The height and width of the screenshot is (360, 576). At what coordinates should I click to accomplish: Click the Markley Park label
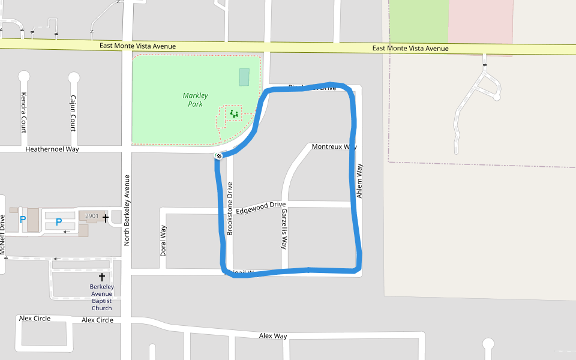coord(196,100)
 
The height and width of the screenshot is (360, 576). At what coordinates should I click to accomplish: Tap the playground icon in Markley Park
coord(234,113)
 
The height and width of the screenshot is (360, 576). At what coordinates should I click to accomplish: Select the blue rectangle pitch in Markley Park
coord(244,77)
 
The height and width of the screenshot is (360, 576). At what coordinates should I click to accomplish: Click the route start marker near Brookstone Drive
coord(219,156)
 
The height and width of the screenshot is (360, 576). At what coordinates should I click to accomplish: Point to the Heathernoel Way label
coord(52,149)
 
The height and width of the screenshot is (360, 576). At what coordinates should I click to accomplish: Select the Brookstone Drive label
coord(229,208)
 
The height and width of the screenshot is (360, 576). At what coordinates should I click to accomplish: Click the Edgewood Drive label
coord(260,208)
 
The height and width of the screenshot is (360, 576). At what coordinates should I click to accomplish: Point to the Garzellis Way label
coord(284,229)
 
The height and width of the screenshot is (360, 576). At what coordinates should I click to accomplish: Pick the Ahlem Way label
coord(359,181)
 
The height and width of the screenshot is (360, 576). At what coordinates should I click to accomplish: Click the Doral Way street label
coord(163,241)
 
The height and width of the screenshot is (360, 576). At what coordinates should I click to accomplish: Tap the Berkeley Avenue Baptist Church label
coord(102,298)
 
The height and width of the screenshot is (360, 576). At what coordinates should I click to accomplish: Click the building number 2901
coord(92,216)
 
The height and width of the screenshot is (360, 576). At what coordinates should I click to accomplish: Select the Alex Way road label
coord(273,336)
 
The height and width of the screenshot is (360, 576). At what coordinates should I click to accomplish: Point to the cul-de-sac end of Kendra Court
coord(24,76)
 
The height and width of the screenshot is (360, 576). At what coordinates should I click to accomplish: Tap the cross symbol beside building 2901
coord(106,218)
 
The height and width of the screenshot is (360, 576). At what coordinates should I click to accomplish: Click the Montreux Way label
coord(334,147)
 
